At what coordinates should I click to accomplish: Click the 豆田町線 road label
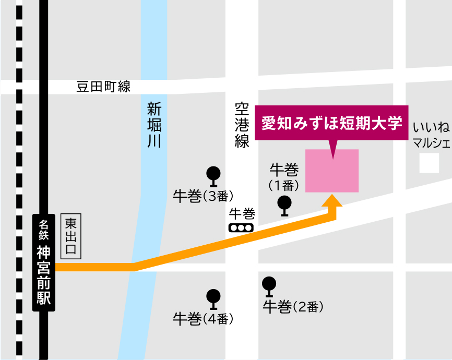pos(103,87)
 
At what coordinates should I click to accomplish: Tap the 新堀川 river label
pos(154,125)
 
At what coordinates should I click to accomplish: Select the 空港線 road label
pos(242,125)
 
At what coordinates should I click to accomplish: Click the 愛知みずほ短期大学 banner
pos(332,124)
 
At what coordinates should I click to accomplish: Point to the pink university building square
pos(332,171)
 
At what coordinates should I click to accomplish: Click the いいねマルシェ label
pos(431,135)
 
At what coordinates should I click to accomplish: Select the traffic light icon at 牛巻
pos(241,228)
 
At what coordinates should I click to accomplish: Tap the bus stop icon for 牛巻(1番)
pos(284,205)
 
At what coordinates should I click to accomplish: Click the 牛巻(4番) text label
pos(203,318)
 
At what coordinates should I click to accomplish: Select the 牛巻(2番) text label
pos(293,307)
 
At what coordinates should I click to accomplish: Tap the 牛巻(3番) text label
pos(203,196)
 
